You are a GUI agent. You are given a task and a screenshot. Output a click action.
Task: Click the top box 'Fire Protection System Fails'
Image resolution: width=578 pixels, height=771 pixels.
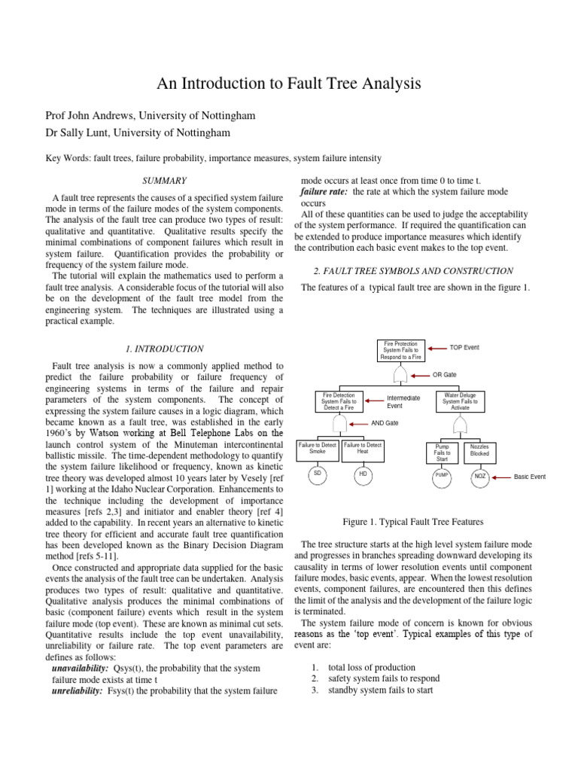tap(401, 350)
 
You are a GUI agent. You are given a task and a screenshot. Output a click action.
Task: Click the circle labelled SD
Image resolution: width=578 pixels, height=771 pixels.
tap(318, 475)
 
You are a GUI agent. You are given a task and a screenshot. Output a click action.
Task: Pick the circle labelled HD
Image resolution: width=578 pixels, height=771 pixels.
tap(362, 475)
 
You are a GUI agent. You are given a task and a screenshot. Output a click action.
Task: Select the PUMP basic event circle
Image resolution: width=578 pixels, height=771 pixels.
tap(441, 476)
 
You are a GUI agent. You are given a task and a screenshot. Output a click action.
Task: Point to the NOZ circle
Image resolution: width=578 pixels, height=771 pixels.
tap(479, 476)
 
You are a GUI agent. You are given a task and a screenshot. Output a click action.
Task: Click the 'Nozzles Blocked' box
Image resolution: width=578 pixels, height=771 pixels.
tap(479, 450)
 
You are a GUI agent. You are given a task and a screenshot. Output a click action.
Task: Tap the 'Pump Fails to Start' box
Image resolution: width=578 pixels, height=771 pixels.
tap(442, 453)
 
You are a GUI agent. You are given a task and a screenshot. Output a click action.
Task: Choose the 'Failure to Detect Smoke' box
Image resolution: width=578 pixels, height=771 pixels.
tap(318, 449)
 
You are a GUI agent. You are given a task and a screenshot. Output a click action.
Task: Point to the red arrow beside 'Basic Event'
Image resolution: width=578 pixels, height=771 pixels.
tap(501, 477)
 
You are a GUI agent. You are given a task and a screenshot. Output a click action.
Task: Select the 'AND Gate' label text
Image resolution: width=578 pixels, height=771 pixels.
tap(385, 423)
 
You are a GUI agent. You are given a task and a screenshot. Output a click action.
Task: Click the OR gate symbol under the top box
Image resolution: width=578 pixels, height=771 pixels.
tap(401, 373)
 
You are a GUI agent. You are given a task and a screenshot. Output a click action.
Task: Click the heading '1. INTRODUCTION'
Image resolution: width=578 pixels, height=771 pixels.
tap(164, 349)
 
